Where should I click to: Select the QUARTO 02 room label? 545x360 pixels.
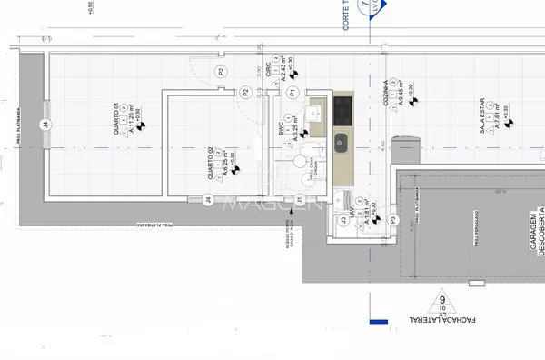pos(211,163)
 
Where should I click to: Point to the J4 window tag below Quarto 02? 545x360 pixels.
pos(208,199)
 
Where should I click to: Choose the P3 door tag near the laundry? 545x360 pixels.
pos(392,221)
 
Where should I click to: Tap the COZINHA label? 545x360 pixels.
pos(386,93)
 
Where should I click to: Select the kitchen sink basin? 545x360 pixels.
pos(342,142)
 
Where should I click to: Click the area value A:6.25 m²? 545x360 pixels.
pos(224,161)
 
